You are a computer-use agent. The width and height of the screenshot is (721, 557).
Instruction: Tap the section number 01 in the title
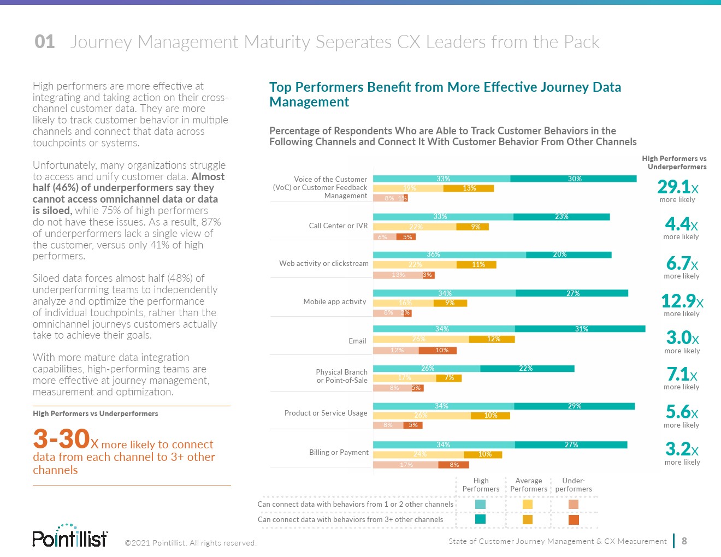[45, 42]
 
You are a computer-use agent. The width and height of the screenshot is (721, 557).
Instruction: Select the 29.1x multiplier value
[677, 187]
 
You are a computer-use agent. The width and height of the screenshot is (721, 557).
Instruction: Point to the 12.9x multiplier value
[682, 301]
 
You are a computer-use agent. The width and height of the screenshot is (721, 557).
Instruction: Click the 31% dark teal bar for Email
[580, 329]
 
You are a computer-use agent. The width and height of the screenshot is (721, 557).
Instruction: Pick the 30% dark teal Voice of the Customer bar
[574, 179]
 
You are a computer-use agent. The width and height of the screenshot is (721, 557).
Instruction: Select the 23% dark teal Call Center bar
[562, 217]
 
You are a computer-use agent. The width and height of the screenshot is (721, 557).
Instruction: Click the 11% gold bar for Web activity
[477, 265]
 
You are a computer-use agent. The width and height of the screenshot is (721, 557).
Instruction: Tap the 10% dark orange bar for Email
[442, 350]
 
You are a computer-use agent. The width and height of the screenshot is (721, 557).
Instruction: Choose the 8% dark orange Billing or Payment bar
[453, 465]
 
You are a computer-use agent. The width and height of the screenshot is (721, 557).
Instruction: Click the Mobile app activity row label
[335, 301]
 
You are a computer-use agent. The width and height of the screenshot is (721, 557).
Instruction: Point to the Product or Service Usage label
[326, 413]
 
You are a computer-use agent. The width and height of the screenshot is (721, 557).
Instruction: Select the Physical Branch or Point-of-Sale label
[341, 376]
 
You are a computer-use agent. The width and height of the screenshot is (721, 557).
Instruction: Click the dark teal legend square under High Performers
[481, 519]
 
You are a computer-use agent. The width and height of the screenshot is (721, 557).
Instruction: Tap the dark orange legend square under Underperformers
[574, 519]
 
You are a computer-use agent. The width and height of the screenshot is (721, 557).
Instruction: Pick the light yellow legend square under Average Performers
[528, 504]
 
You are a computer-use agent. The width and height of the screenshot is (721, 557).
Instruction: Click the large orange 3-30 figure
[61, 439]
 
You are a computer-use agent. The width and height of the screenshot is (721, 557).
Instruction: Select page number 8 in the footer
[684, 541]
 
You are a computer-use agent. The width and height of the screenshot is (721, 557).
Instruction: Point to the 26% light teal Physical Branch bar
[427, 369]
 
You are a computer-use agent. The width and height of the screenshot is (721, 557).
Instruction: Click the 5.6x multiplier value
[682, 412]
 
